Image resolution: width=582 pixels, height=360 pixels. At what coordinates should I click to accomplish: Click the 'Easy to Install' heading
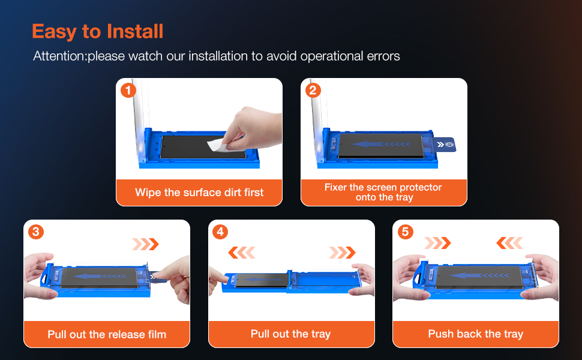(x=98, y=32)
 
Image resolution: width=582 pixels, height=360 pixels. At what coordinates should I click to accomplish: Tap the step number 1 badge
(x=128, y=90)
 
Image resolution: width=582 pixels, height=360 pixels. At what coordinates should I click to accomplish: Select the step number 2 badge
(x=313, y=90)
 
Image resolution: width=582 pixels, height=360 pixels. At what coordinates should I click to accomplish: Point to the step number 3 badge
(x=36, y=232)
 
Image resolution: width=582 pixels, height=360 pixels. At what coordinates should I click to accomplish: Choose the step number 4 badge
(x=220, y=232)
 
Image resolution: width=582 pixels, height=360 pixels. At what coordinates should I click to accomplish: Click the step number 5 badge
(x=406, y=232)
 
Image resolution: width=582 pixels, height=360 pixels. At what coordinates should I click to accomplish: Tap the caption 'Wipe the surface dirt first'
(x=199, y=192)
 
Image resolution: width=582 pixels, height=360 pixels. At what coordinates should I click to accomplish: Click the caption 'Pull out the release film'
(x=107, y=334)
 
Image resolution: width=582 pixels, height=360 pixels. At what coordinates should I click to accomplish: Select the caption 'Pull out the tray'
(x=290, y=334)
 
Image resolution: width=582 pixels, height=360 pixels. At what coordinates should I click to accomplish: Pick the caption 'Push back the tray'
(x=475, y=334)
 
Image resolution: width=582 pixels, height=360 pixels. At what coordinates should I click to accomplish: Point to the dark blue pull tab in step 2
(x=445, y=145)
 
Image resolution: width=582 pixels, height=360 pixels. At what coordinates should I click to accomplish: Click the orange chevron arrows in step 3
(x=145, y=244)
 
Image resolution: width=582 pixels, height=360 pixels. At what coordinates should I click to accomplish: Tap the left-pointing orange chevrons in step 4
(x=242, y=253)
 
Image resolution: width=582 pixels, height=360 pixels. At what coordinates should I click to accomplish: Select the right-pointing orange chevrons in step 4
(x=342, y=253)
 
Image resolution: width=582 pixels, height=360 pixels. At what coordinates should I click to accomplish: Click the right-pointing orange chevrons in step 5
(x=437, y=243)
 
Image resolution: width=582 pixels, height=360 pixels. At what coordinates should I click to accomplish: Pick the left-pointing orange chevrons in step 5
(x=509, y=243)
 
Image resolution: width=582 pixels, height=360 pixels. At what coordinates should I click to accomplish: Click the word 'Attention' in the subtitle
(x=59, y=56)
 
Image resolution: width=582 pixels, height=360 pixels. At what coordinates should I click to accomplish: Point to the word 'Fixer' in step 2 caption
(x=335, y=187)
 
